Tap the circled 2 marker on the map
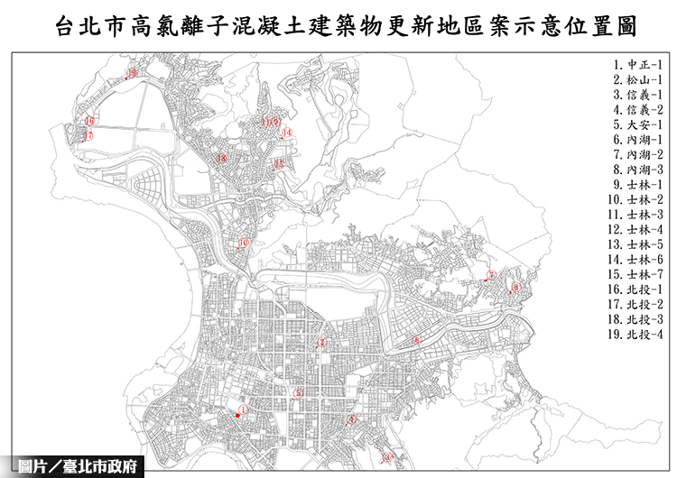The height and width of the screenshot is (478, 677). (322, 342)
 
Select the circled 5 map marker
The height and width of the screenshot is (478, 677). (298, 392)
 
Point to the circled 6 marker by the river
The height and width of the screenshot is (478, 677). (416, 340)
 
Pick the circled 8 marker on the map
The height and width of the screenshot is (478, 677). (515, 288)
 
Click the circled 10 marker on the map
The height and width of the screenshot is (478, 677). (243, 243)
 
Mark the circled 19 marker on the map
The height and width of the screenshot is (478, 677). (132, 72)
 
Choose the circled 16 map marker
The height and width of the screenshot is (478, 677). (89, 121)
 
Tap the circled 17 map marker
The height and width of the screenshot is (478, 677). (88, 136)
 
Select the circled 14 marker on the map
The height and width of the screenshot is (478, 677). (286, 133)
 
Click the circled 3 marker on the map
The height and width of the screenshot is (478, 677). (353, 419)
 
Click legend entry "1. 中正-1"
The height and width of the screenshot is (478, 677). (637, 65)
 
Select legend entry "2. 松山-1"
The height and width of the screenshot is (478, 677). (637, 80)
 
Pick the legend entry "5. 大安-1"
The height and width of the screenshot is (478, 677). (637, 124)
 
